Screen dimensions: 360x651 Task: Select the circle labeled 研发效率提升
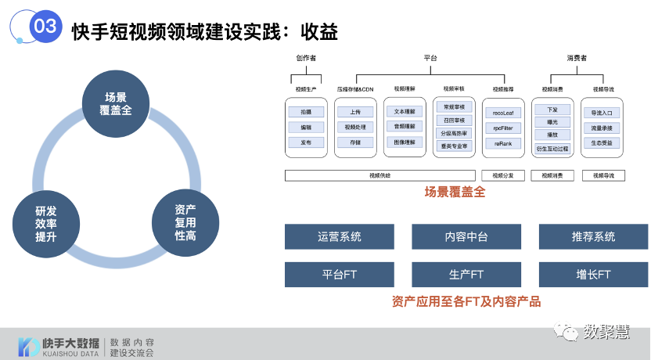[46, 224]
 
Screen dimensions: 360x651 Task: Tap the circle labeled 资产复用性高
[185, 223]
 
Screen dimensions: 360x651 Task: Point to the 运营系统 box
[340, 236]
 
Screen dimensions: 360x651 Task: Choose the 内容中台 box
[466, 236]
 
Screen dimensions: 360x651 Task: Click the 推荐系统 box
[593, 236]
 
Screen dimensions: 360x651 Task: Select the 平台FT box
[340, 275]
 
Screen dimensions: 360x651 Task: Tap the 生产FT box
[466, 275]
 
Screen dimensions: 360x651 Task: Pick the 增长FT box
[593, 275]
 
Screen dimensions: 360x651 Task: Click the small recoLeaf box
[503, 113]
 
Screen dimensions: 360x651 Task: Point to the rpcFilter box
[503, 128]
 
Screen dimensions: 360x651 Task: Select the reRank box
[503, 144]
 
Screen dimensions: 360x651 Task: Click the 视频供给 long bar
[380, 175]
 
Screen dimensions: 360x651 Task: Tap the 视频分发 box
[503, 175]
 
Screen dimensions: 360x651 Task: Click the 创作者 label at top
[306, 58]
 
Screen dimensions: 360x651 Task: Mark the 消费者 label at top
[577, 58]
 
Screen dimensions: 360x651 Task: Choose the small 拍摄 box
[306, 113]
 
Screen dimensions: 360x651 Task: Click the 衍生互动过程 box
[552, 147]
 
